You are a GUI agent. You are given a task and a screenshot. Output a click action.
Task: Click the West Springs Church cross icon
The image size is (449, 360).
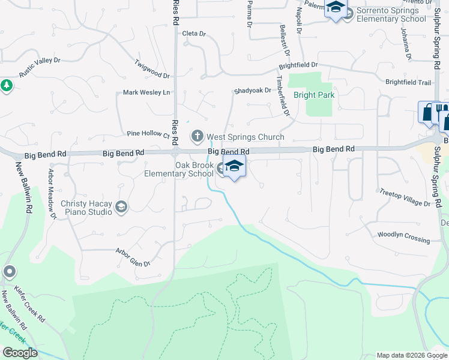click(197, 137)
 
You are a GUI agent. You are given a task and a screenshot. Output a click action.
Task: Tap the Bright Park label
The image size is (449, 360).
click(313, 95)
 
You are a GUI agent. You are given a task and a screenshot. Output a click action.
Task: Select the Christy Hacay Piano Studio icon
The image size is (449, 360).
click(121, 208)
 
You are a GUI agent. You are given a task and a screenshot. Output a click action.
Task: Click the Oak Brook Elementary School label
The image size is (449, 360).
click(179, 169)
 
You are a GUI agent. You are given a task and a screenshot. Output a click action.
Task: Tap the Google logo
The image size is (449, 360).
click(20, 353)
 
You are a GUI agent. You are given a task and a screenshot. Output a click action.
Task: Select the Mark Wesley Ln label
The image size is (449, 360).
click(146, 92)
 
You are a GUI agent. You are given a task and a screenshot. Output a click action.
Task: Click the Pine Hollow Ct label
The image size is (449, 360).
click(148, 134)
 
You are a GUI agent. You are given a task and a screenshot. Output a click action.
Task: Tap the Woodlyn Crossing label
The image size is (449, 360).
click(403, 237)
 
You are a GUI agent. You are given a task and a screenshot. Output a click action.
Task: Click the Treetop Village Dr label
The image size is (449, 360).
click(405, 199)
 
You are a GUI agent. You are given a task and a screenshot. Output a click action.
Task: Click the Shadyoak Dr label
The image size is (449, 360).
click(252, 91)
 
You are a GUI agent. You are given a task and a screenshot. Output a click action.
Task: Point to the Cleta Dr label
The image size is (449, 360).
click(194, 34)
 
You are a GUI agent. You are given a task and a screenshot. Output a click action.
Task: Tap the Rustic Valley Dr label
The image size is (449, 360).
click(40, 67)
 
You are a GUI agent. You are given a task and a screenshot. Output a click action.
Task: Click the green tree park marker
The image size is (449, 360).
click(7, 86)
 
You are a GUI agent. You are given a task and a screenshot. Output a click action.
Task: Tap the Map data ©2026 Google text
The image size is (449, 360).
click(412, 355)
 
